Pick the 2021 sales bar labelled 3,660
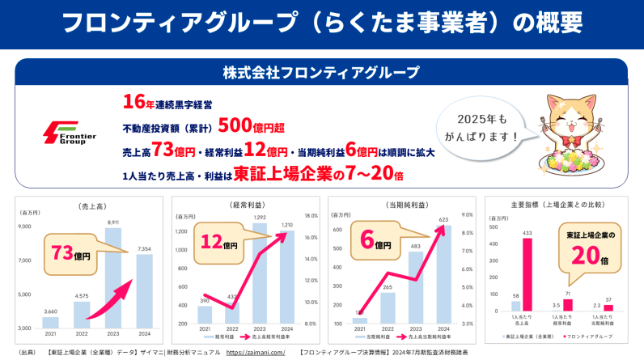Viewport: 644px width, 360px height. [x=51, y=320]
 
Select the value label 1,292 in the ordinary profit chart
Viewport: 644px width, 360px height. [x=259, y=218]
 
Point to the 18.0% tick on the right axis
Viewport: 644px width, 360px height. [x=311, y=216]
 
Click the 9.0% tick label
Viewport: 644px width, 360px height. [x=467, y=215]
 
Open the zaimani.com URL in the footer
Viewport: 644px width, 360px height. [x=256, y=353]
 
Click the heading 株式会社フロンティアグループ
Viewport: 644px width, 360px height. [x=321, y=73]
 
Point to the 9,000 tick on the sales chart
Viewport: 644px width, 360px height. [x=25, y=227]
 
